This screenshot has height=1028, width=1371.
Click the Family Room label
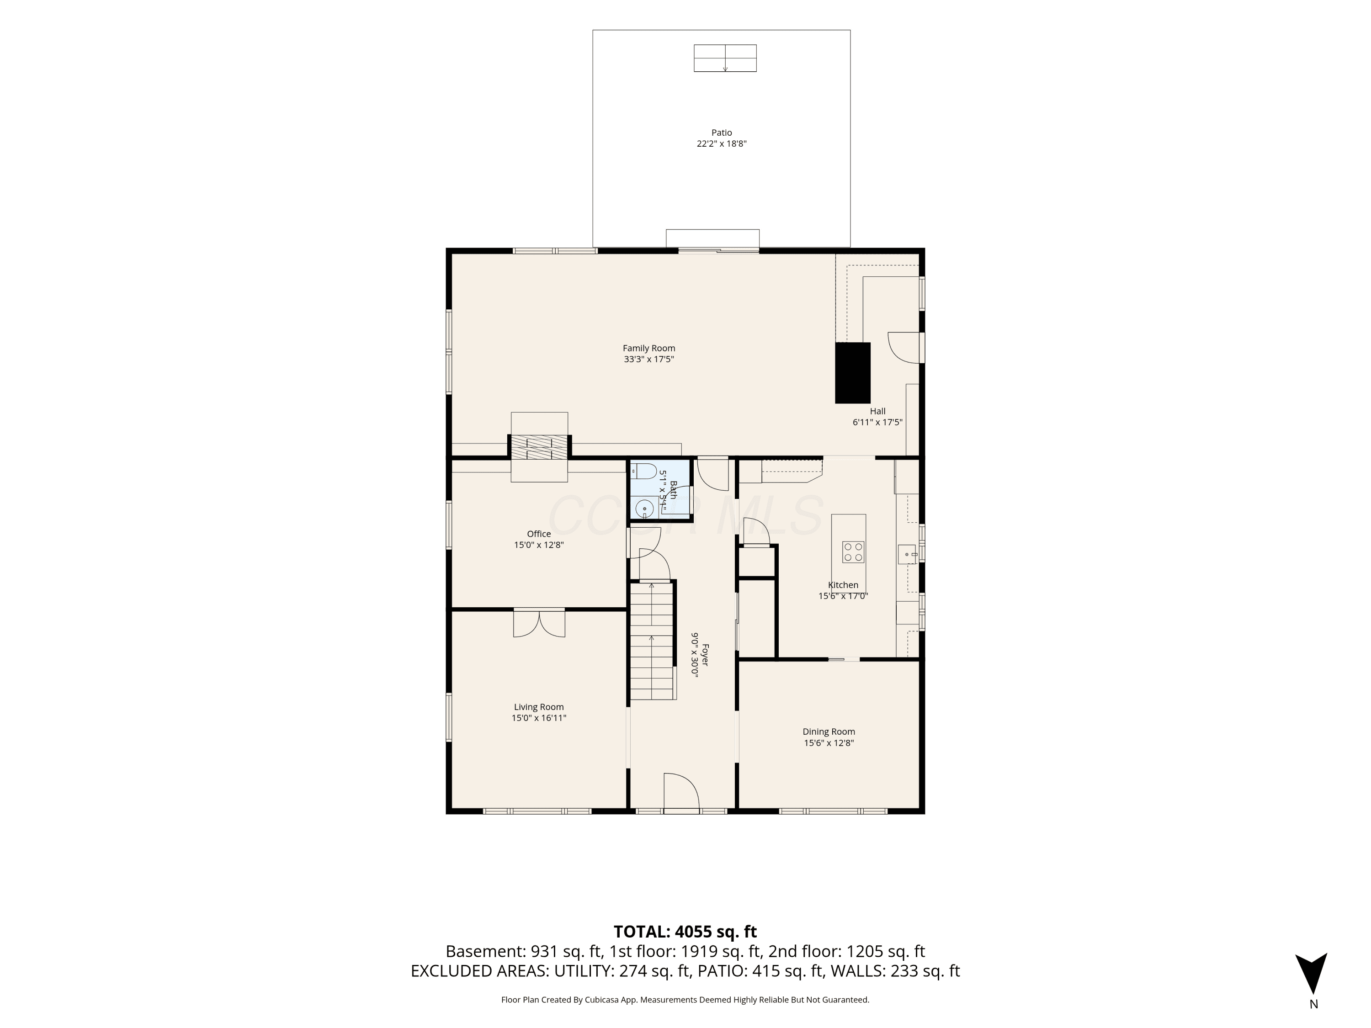[x=649, y=348]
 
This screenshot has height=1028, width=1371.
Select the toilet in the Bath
[x=644, y=472]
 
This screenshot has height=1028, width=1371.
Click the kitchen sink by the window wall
[x=908, y=554]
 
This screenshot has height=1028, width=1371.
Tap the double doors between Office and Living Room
[x=539, y=623]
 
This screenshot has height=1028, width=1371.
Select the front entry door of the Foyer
[x=682, y=791]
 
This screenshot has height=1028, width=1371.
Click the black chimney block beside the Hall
[x=853, y=373]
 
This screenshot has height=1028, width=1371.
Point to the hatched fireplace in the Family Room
[x=539, y=447]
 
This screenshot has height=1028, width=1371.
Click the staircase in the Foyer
[x=652, y=641]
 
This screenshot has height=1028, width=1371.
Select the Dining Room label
[x=829, y=732]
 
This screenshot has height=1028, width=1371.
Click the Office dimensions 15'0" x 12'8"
[x=539, y=545]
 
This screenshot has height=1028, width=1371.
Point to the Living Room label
[x=539, y=707]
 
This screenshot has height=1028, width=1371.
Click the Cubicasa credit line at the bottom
[x=685, y=1000]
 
